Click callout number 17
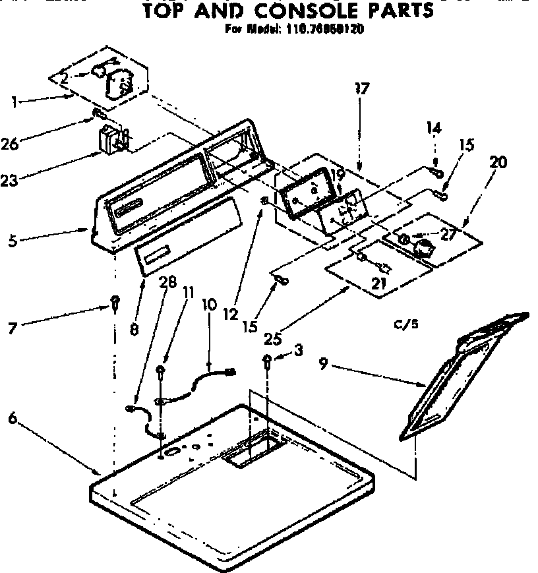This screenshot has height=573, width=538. tap(362, 88)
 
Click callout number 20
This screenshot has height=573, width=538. tap(498, 162)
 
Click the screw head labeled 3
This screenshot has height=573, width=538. tap(268, 360)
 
